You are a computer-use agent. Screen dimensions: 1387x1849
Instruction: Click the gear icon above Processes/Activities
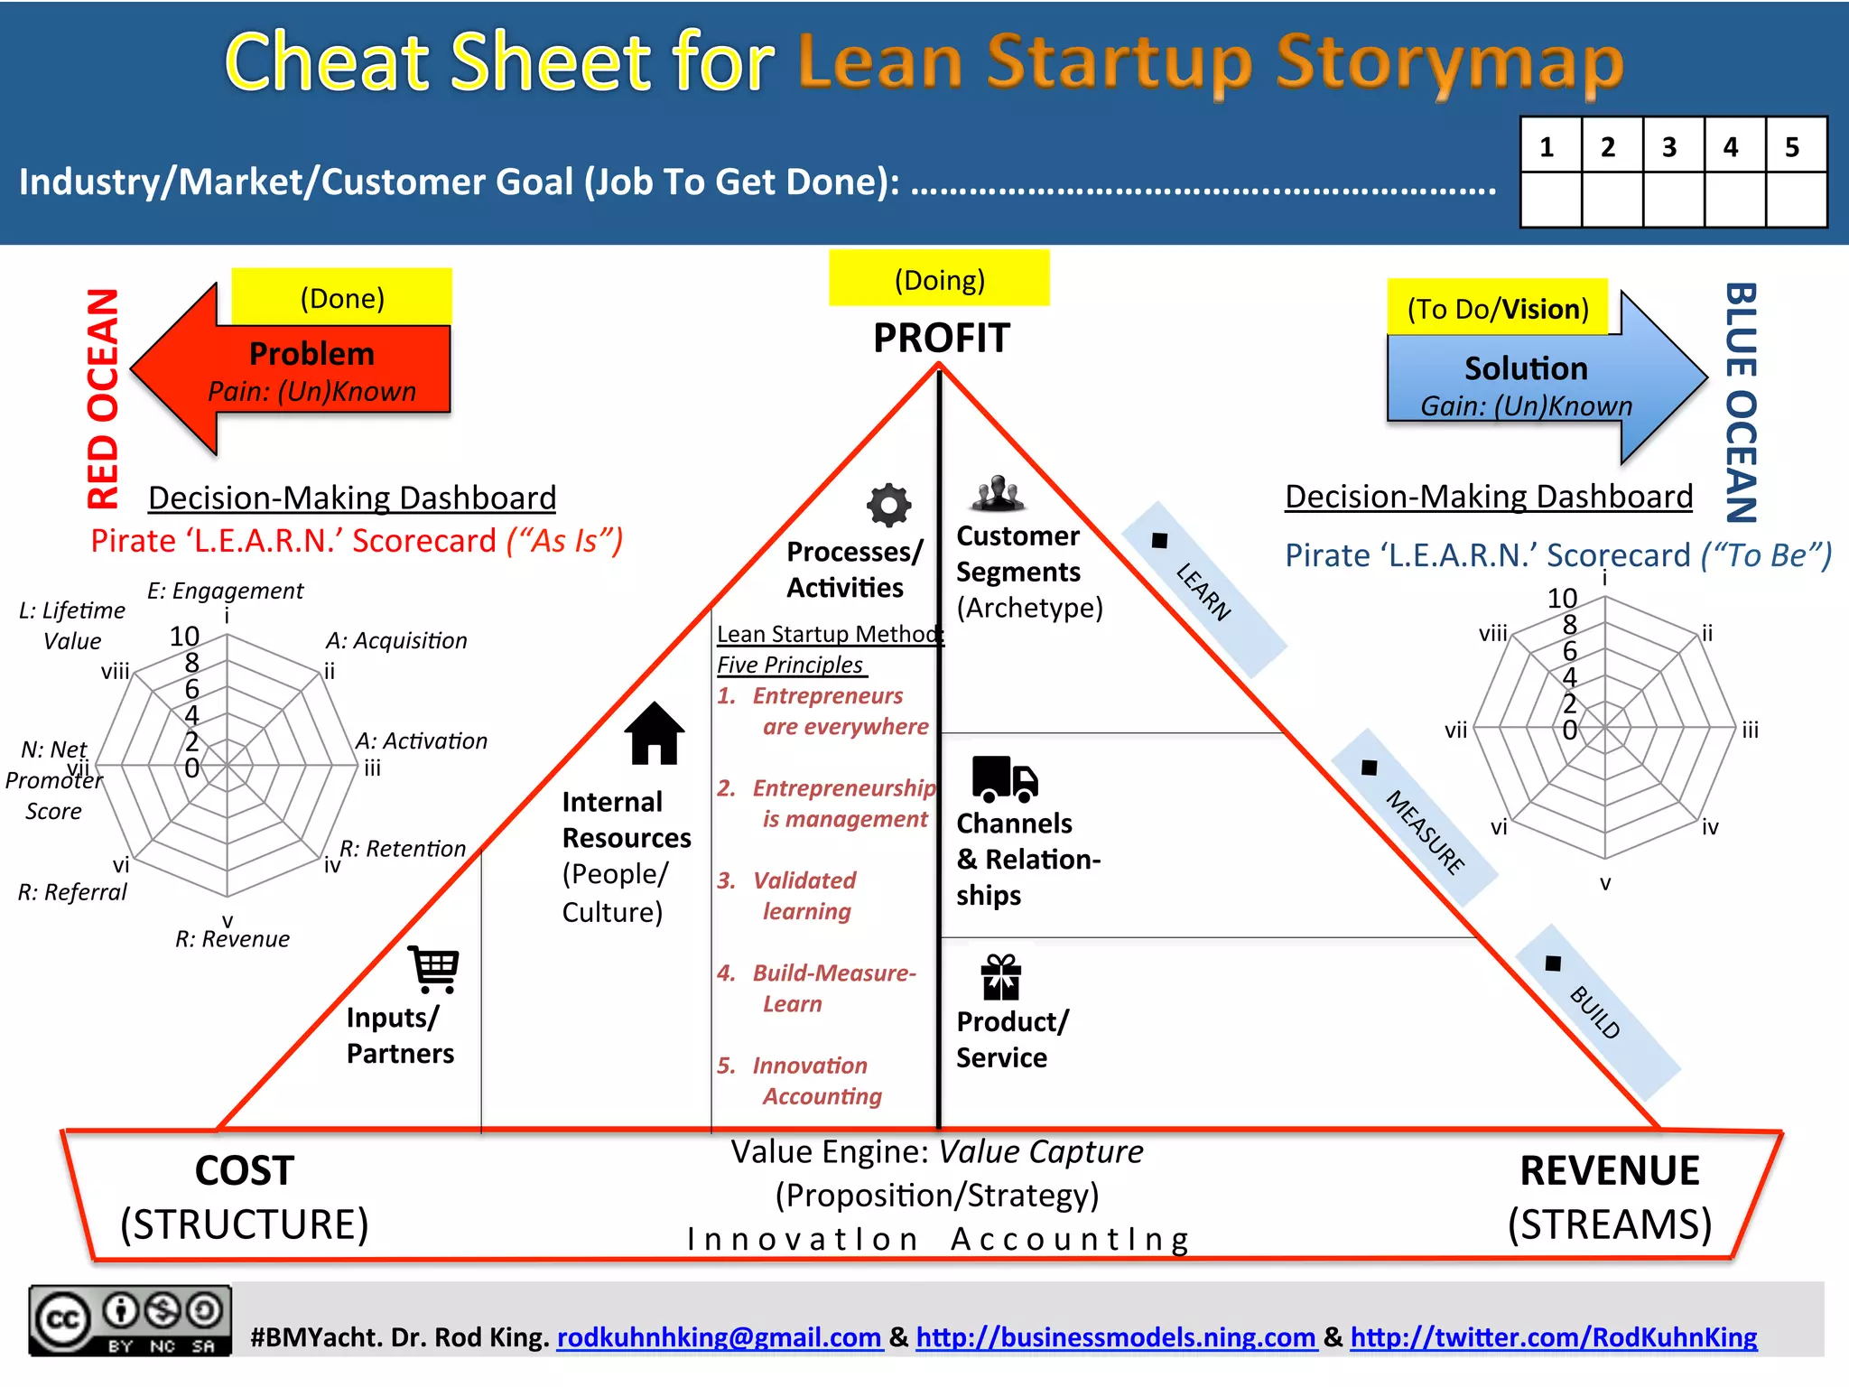[888, 506]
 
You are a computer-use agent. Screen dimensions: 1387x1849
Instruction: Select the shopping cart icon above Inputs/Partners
[434, 969]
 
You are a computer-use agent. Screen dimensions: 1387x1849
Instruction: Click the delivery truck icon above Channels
[1004, 779]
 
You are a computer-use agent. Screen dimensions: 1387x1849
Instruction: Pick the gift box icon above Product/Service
[1000, 977]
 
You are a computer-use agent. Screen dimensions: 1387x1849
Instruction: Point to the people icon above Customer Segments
[998, 493]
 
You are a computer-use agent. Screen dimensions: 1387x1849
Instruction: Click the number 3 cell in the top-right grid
[1670, 146]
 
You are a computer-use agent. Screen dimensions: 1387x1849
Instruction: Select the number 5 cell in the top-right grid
[1793, 146]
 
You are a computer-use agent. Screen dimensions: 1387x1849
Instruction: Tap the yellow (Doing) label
[939, 279]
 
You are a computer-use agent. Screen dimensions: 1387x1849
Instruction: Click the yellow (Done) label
[342, 297]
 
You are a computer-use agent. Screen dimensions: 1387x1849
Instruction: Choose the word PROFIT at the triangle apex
[941, 339]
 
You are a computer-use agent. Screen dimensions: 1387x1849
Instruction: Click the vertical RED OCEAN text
[103, 398]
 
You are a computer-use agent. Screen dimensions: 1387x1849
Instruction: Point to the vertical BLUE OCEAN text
[1741, 403]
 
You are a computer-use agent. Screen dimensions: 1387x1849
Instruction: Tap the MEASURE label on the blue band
[1426, 832]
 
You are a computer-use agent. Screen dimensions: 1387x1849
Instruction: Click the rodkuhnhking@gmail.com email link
[719, 1336]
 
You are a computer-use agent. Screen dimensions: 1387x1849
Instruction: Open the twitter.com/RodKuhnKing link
[1553, 1336]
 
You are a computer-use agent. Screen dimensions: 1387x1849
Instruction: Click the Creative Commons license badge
[130, 1321]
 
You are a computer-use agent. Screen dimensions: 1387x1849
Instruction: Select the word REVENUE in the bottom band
[1610, 1171]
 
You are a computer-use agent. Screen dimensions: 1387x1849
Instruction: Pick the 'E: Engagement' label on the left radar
[226, 591]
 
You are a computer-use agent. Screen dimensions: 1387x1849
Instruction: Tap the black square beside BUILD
[1553, 963]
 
